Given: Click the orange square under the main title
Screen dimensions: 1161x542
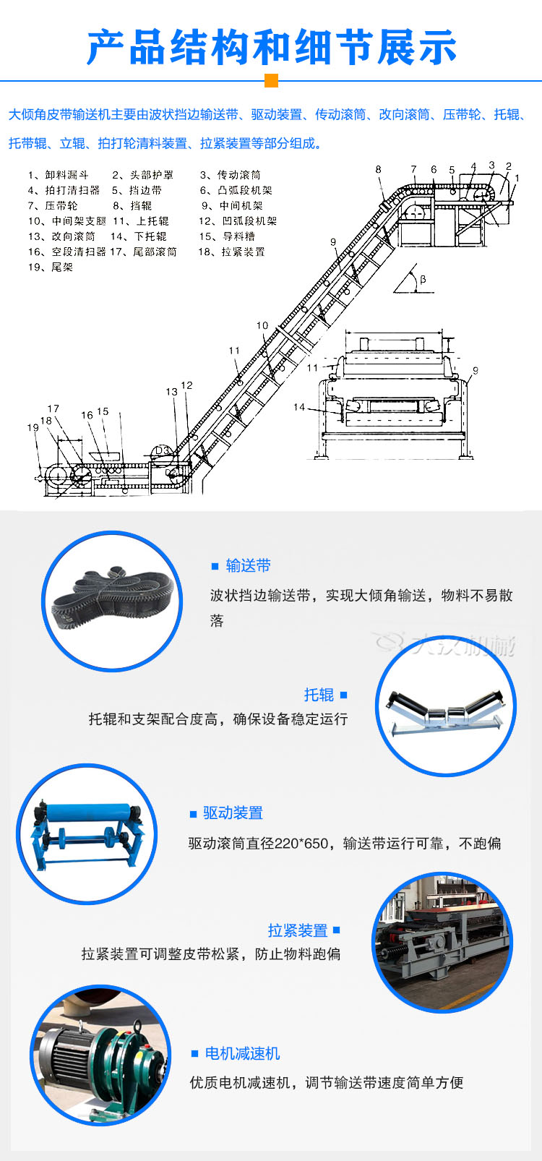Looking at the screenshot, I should [x=271, y=81].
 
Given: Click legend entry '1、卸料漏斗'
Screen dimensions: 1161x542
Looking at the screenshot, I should [x=59, y=175].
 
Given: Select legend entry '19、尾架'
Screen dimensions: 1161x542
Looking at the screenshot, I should [x=51, y=267].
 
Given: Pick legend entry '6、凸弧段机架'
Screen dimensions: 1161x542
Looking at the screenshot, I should [x=236, y=191].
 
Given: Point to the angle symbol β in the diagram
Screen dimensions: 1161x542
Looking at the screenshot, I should [x=423, y=279].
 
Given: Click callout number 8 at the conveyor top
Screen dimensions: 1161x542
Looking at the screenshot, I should [x=378, y=170].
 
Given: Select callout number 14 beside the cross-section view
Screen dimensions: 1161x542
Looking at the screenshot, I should [x=299, y=407].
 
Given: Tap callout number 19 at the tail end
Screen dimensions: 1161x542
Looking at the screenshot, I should [x=33, y=428].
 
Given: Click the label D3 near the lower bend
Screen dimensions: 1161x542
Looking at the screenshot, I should [x=162, y=450].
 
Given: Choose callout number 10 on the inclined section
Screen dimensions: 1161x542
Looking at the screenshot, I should [x=262, y=326].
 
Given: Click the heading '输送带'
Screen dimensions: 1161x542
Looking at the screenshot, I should [x=248, y=566].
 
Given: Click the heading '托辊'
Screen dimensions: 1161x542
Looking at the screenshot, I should [x=319, y=695].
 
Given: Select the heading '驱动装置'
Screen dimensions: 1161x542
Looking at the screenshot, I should [x=233, y=813].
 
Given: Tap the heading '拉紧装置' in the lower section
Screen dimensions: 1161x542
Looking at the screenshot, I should [x=298, y=930].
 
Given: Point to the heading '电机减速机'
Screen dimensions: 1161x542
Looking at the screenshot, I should [x=242, y=1054].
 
